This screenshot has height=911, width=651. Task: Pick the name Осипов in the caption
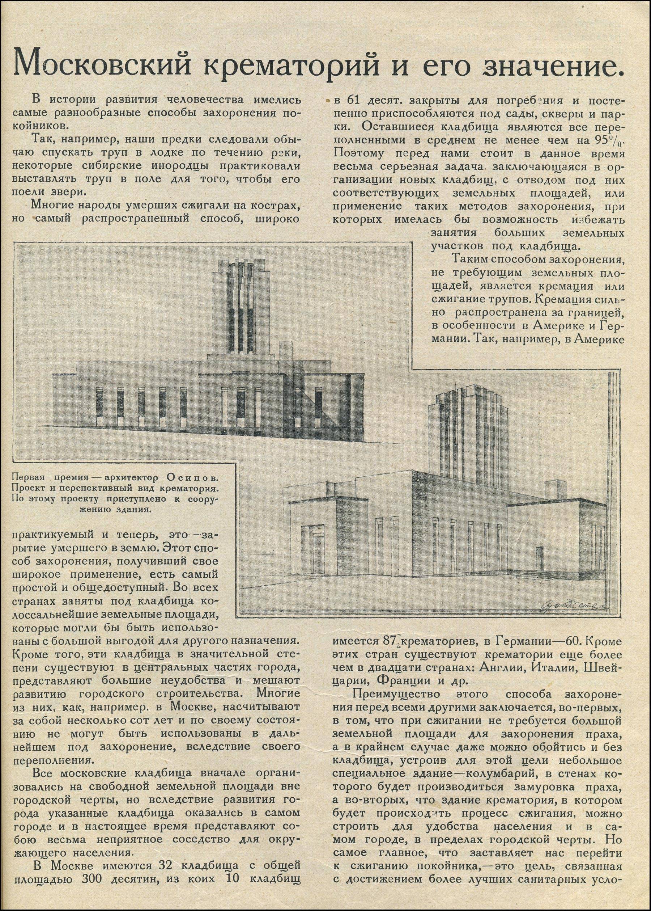click(x=192, y=478)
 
